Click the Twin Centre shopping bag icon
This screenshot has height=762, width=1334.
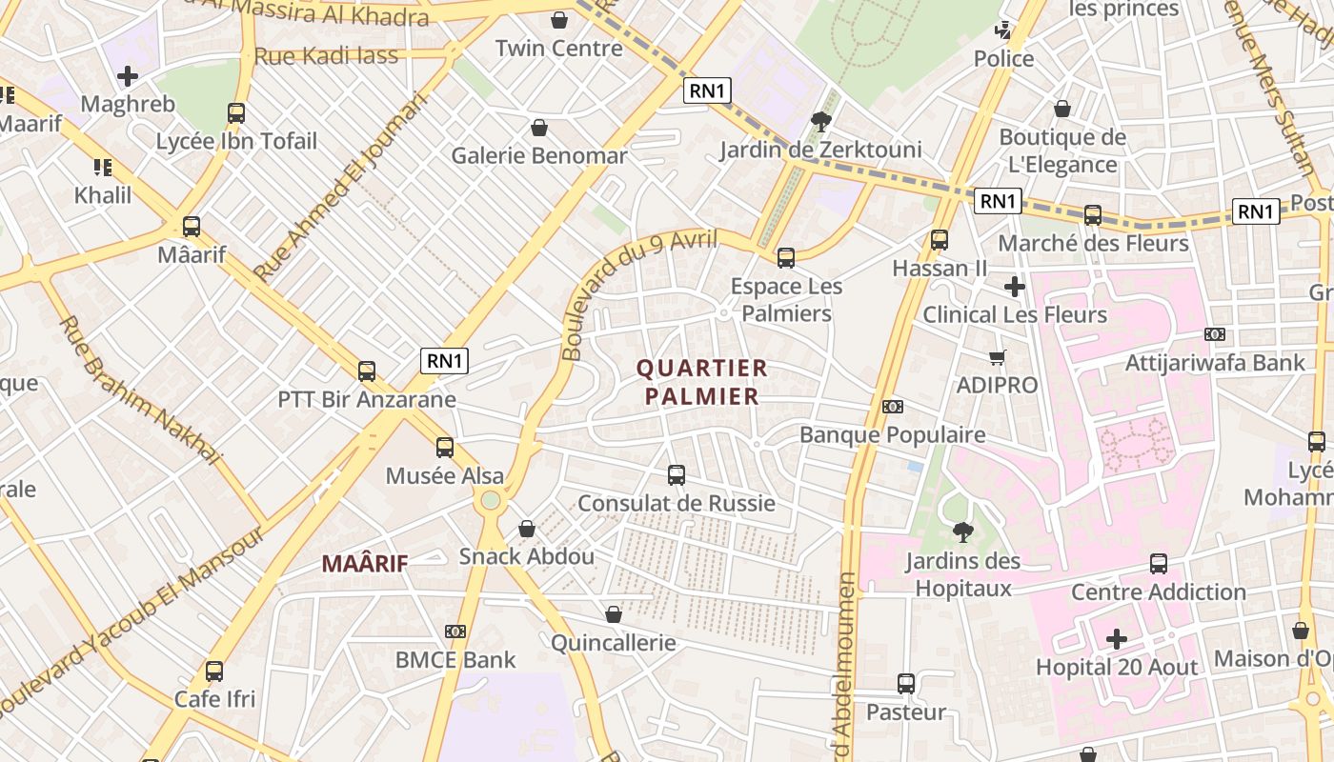pyautogui.click(x=559, y=20)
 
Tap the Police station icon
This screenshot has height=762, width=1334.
pyautogui.click(x=1002, y=30)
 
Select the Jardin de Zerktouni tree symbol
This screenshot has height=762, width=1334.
pyautogui.click(x=819, y=121)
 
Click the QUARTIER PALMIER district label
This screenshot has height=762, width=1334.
pyautogui.click(x=702, y=382)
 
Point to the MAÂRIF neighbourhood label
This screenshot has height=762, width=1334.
pyautogui.click(x=365, y=563)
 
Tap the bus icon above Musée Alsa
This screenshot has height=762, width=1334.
pyautogui.click(x=445, y=447)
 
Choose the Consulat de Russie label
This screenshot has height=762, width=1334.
pyautogui.click(x=677, y=503)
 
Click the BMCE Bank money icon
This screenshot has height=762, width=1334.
pyautogui.click(x=455, y=632)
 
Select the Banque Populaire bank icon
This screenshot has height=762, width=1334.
pyautogui.click(x=893, y=407)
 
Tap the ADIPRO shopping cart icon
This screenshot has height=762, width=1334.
pyautogui.click(x=997, y=357)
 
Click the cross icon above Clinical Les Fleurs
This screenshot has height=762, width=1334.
pyautogui.click(x=1015, y=286)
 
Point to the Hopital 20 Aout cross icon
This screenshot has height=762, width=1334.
pyautogui.click(x=1117, y=638)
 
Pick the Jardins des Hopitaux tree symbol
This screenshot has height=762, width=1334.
pyautogui.click(x=963, y=531)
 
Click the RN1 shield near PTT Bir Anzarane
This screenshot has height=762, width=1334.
pyautogui.click(x=445, y=361)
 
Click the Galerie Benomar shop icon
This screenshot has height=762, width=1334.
pyautogui.click(x=539, y=128)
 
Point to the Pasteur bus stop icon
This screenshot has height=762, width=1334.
pyautogui.click(x=906, y=683)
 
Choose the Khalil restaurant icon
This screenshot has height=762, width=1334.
pyautogui.click(x=103, y=168)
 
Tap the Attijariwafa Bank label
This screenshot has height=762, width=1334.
pyautogui.click(x=1215, y=362)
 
